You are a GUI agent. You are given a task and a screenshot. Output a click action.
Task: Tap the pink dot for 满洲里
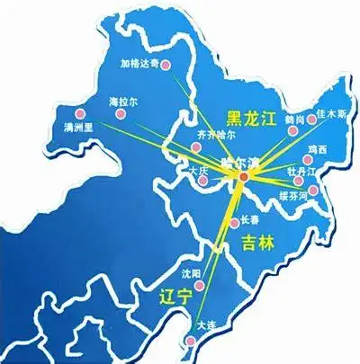(80, 114)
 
